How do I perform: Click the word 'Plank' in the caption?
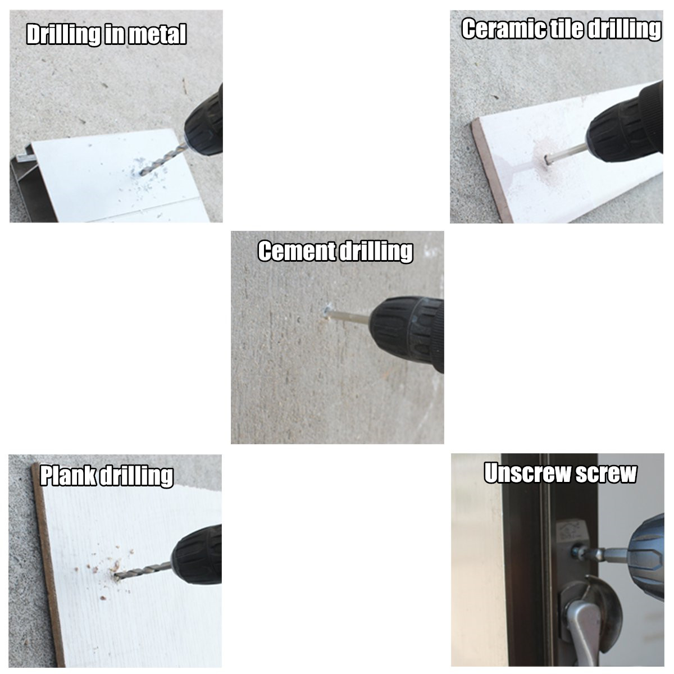click(x=69, y=475)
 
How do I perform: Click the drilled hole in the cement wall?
click(x=327, y=311)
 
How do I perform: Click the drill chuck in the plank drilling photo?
click(x=197, y=555)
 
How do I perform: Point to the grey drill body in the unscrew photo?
click(x=646, y=556)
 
